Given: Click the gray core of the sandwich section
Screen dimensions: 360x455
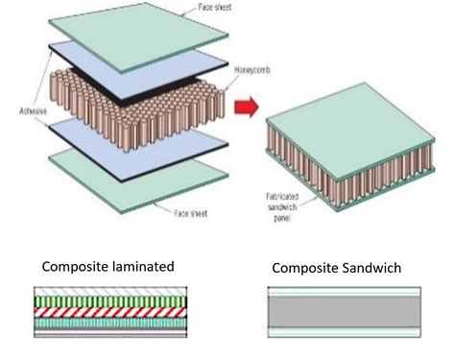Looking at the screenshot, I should pos(346,312).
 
